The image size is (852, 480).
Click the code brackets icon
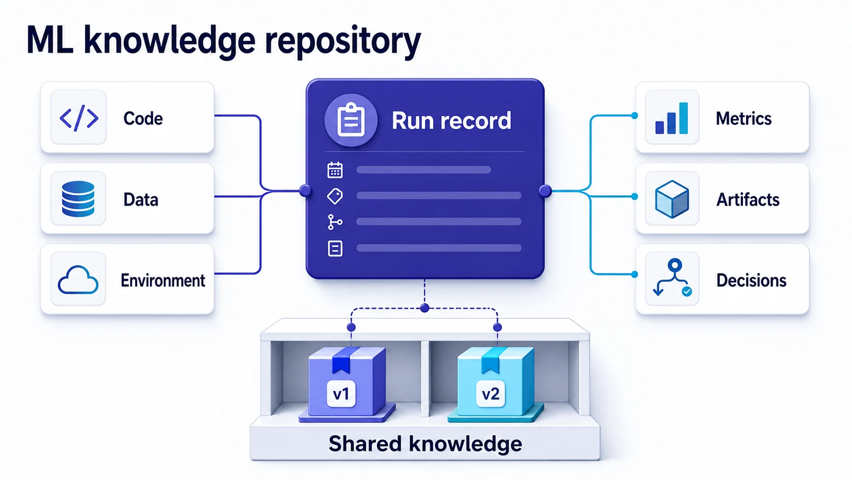pyautogui.click(x=79, y=118)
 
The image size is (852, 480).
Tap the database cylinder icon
pyautogui.click(x=78, y=199)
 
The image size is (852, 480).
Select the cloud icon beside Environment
pyautogui.click(x=78, y=280)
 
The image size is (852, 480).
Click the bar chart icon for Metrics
pyautogui.click(x=672, y=118)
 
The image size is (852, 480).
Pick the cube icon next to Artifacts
pyautogui.click(x=672, y=199)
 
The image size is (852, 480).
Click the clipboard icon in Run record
pyautogui.click(x=351, y=120)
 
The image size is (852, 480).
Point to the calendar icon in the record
pyautogui.click(x=335, y=170)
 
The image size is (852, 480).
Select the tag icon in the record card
pyautogui.click(x=335, y=196)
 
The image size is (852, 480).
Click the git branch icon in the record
pyautogui.click(x=335, y=222)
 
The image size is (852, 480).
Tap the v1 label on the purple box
pyautogui.click(x=341, y=394)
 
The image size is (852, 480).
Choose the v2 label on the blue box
pyautogui.click(x=491, y=394)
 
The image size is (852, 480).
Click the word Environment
pyautogui.click(x=163, y=281)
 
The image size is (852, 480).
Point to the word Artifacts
pyautogui.click(x=748, y=200)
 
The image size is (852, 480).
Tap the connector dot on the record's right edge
pyautogui.click(x=545, y=191)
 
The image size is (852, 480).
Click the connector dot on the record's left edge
pyautogui.click(x=305, y=191)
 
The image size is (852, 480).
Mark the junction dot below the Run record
pyautogui.click(x=425, y=308)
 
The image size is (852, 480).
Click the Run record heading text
pyautogui.click(x=451, y=121)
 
